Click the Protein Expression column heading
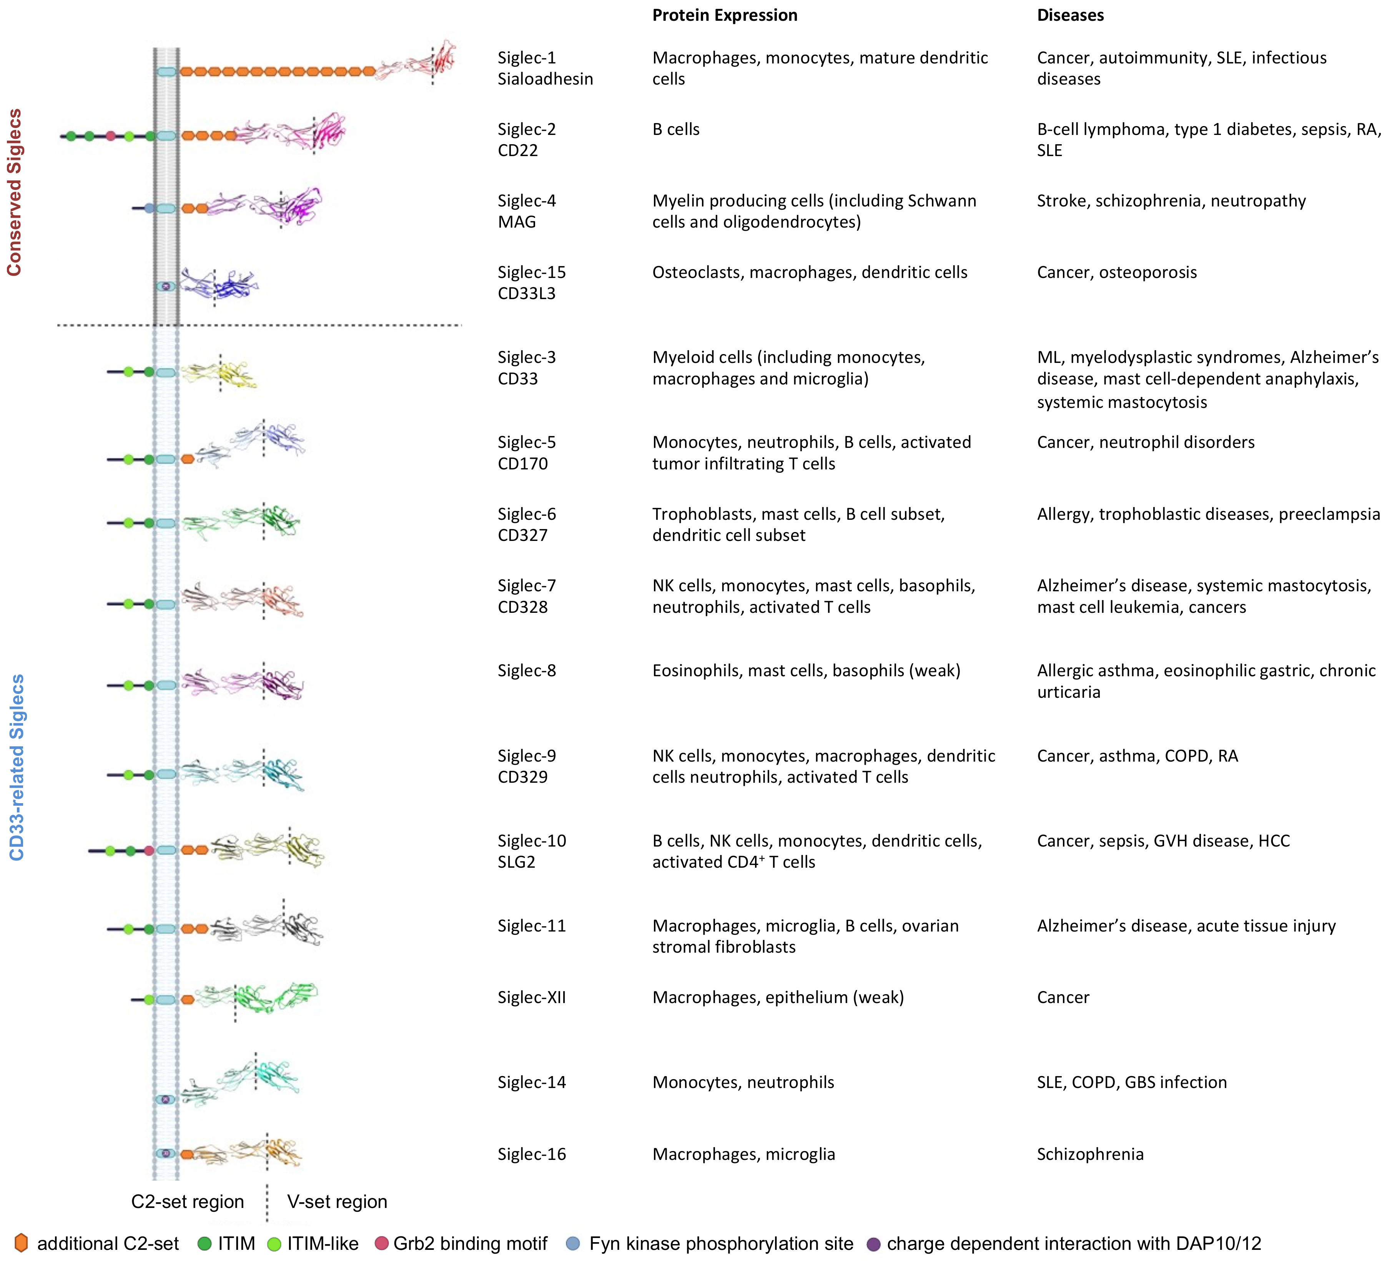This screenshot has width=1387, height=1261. [x=725, y=15]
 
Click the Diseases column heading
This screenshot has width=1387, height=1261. [x=1070, y=15]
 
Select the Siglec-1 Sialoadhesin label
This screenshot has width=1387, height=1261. [x=545, y=68]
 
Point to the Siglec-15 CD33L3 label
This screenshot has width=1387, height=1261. [x=532, y=283]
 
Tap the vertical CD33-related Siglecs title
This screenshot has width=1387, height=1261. [x=17, y=767]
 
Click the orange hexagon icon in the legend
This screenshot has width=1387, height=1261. [x=21, y=1243]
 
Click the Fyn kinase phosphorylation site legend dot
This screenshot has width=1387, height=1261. [x=572, y=1243]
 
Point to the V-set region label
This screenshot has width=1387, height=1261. [x=337, y=1202]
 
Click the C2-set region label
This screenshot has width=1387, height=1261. [x=187, y=1202]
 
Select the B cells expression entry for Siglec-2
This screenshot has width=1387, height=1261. [x=675, y=129]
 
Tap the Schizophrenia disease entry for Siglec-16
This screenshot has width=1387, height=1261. [x=1090, y=1155]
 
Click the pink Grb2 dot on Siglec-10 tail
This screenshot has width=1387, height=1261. [x=149, y=851]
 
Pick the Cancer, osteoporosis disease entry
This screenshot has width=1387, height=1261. [x=1117, y=273]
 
